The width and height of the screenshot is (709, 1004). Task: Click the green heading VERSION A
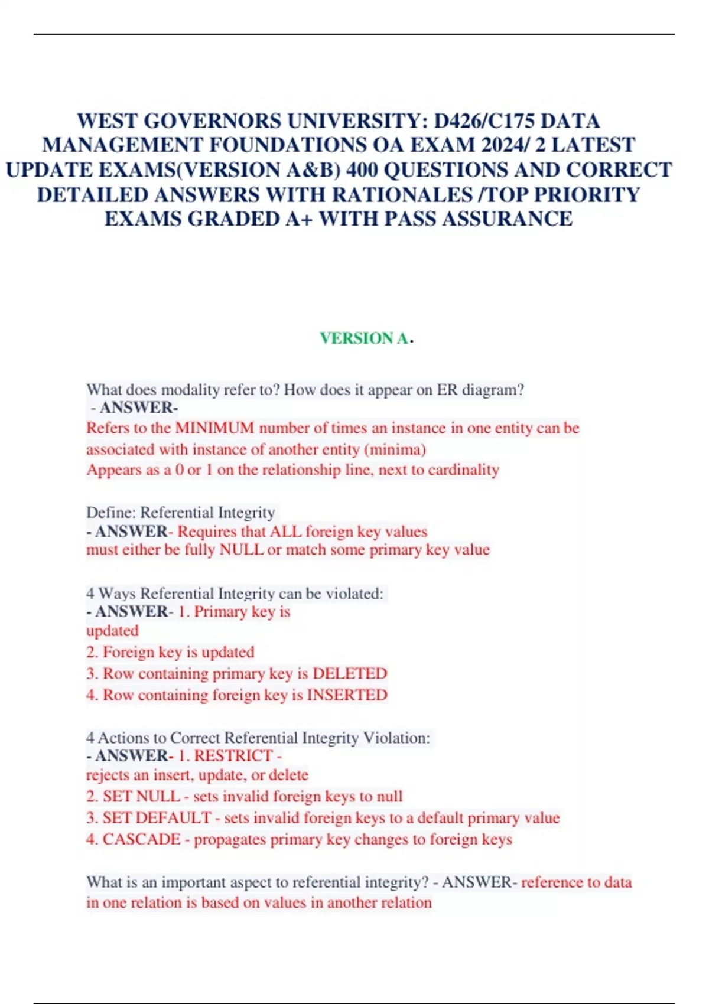click(364, 338)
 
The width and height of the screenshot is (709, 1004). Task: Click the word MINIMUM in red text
click(214, 428)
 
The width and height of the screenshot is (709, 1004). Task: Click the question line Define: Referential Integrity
click(181, 512)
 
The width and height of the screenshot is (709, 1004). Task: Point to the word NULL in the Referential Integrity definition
click(241, 550)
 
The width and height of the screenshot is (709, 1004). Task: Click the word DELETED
click(350, 673)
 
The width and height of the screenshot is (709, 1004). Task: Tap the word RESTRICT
click(233, 755)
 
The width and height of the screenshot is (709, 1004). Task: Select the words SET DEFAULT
click(157, 818)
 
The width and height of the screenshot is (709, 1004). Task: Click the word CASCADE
click(142, 839)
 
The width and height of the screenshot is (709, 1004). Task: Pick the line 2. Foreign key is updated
click(170, 652)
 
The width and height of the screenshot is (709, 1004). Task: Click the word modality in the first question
click(190, 390)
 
